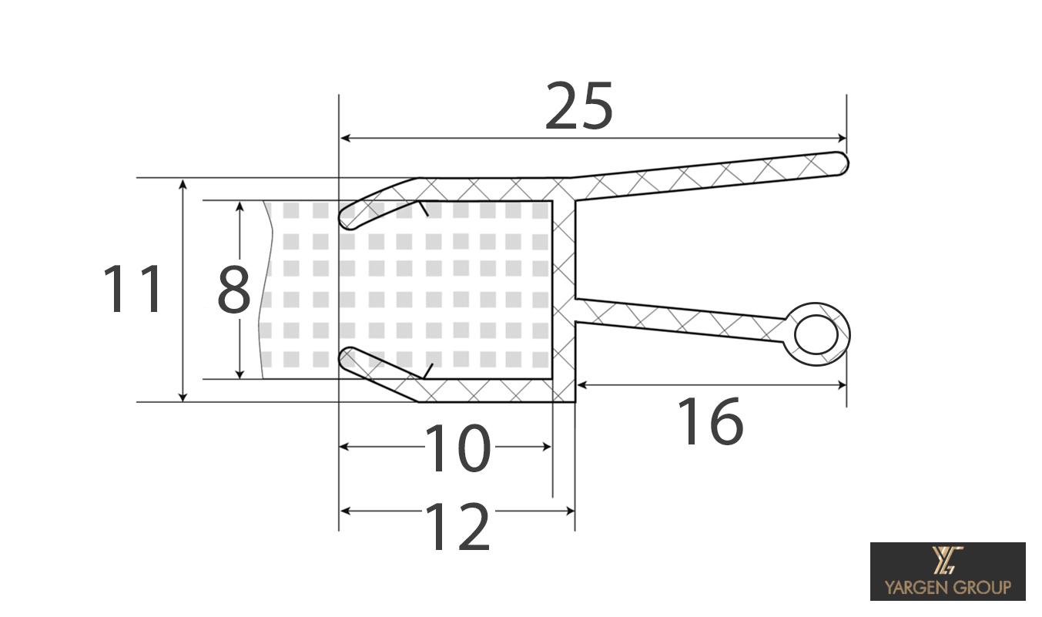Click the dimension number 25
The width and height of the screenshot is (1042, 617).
(578, 106)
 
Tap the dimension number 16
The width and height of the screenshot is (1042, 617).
(710, 422)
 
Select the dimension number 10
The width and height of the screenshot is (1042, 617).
(457, 448)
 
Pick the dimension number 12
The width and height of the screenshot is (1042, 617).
(457, 527)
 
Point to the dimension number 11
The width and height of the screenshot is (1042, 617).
(132, 290)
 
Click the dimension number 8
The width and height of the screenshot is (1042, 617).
(233, 290)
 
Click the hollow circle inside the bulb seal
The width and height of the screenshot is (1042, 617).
(816, 334)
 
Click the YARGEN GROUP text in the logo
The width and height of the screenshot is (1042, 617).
(947, 587)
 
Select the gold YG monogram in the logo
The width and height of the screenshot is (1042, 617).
(947, 560)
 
